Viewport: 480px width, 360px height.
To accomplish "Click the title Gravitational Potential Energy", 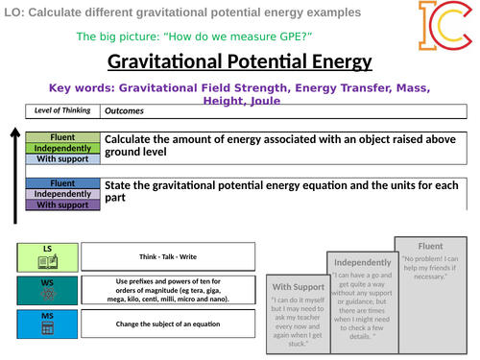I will pyautogui.click(x=239, y=62).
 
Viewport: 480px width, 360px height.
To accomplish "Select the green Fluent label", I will pyautogui.click(x=61, y=137).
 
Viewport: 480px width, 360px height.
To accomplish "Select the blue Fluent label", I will pyautogui.click(x=61, y=182).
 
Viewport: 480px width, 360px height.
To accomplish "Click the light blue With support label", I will pyautogui.click(x=61, y=159).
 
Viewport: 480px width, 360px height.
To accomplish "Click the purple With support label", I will pyautogui.click(x=61, y=204).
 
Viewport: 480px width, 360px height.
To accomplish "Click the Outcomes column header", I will pyautogui.click(x=124, y=110).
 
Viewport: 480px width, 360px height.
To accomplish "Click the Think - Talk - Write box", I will pyautogui.click(x=168, y=256).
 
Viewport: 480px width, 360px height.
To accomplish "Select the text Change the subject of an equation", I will pyautogui.click(x=168, y=324).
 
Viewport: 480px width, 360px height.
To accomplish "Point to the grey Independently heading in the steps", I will pyautogui.click(x=360, y=262).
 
